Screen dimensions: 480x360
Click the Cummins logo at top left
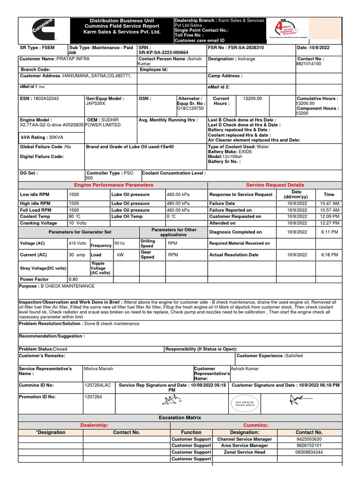click(x=43, y=30)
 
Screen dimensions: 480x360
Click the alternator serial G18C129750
click(x=190, y=108)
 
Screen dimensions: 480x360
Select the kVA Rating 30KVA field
click(x=42, y=137)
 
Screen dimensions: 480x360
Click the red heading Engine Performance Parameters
click(x=113, y=185)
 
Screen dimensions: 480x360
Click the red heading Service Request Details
click(x=275, y=185)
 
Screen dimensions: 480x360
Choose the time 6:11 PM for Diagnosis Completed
click(x=329, y=232)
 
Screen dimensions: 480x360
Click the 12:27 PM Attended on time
click(x=329, y=223)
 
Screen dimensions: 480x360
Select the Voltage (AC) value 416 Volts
click(x=77, y=243)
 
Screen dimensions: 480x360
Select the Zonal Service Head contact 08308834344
click(x=309, y=452)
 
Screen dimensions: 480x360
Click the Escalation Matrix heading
click(x=180, y=417)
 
